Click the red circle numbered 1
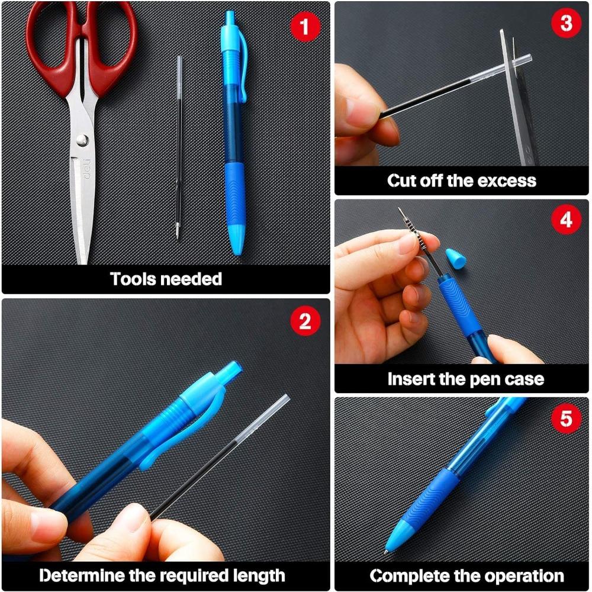pos(305,27)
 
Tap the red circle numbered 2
pos(305,320)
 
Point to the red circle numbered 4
pos(565,219)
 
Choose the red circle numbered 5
pos(565,419)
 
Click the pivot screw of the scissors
pos(82,140)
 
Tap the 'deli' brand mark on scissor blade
pos(88,169)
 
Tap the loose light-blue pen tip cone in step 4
pos(456,258)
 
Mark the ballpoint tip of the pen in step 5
pos(386,552)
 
